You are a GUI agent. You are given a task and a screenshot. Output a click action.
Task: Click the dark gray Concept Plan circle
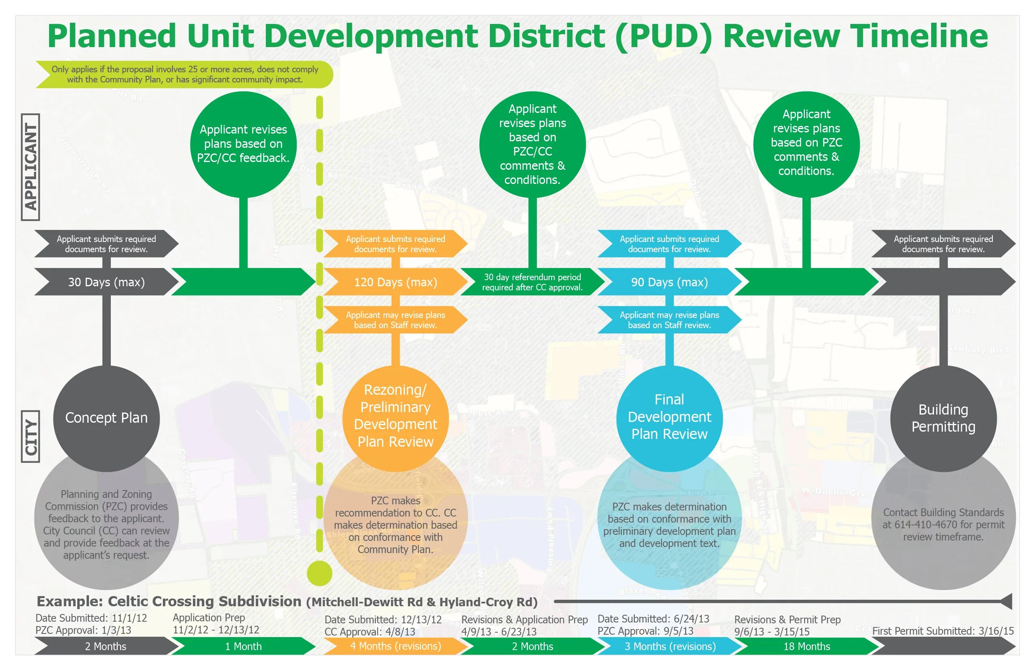click(x=106, y=418)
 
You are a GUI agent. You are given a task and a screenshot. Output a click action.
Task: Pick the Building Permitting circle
click(x=943, y=418)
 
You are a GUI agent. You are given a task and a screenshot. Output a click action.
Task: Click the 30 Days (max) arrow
click(x=106, y=282)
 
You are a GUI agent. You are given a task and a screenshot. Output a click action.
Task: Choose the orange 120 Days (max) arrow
click(x=395, y=282)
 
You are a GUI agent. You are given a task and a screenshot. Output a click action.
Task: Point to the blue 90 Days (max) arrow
click(x=669, y=282)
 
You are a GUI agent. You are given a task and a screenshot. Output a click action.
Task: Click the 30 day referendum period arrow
click(x=532, y=282)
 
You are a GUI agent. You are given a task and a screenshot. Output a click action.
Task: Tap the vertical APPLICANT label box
click(x=30, y=167)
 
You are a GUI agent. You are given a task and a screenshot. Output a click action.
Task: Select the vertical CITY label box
click(x=30, y=437)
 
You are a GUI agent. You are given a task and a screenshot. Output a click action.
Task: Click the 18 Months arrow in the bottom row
click(x=806, y=646)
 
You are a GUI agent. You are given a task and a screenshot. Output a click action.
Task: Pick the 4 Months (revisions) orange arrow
click(x=395, y=646)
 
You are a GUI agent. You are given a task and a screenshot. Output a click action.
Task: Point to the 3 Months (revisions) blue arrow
click(x=670, y=646)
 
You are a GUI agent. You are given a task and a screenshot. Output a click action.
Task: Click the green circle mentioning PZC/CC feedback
click(x=243, y=144)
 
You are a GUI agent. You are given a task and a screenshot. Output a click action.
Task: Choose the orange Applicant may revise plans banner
click(x=395, y=320)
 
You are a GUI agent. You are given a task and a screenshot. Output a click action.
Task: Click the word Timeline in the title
click(x=919, y=36)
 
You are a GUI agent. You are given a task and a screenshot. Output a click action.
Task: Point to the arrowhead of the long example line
click(x=1007, y=602)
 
